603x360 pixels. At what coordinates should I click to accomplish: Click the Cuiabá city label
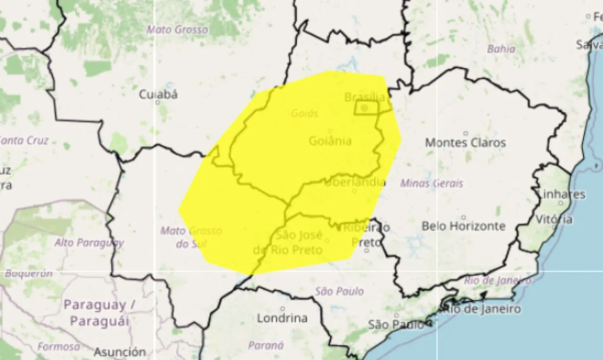(158, 94)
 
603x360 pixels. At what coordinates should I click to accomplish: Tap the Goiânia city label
(330, 140)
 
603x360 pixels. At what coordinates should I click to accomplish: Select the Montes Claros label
(465, 142)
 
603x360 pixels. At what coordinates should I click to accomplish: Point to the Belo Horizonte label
(464, 226)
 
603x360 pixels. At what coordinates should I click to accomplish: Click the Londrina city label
(282, 318)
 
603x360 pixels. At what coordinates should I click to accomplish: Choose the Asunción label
(120, 352)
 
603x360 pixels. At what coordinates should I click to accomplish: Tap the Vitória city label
(554, 220)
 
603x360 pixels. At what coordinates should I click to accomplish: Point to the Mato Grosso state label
(177, 30)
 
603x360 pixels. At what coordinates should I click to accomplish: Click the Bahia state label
(501, 49)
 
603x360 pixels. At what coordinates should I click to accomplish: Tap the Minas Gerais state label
(432, 183)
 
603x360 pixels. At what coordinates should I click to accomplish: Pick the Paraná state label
(266, 346)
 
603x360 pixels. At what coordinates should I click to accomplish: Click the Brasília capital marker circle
(364, 108)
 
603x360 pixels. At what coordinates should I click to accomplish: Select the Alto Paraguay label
(89, 243)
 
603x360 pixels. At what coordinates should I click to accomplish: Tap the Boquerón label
(29, 273)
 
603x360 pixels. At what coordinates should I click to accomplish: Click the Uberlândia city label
(355, 182)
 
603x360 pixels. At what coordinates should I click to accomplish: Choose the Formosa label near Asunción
(59, 347)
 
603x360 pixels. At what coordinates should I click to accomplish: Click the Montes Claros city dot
(466, 133)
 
